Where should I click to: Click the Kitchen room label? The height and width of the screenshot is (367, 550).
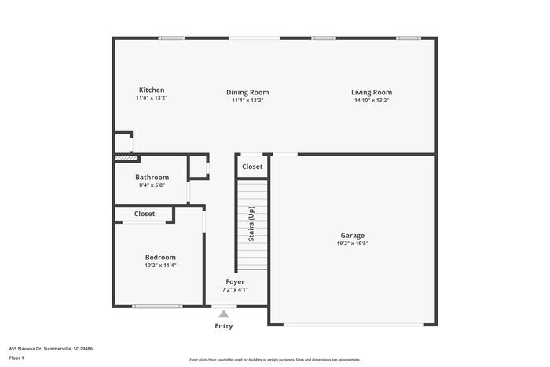(152, 90)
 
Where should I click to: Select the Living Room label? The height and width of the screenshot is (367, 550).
(371, 93)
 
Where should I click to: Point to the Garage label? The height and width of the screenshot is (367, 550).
(352, 236)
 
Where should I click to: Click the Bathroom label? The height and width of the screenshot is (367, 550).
(152, 178)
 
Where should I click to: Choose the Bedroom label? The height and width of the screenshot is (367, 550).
(160, 258)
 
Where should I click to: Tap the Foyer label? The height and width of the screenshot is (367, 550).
(235, 281)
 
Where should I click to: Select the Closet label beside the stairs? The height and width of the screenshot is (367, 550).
(252, 167)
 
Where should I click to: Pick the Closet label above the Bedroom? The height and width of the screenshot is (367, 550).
(145, 214)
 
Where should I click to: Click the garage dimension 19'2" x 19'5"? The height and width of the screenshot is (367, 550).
(352, 244)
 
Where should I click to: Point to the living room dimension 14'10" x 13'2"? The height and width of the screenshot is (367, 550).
(371, 100)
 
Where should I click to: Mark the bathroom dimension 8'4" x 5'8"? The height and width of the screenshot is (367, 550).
(152, 185)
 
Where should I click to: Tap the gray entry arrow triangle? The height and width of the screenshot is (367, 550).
(224, 314)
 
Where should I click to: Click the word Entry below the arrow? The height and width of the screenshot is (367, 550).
(224, 326)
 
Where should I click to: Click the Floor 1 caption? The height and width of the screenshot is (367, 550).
(16, 358)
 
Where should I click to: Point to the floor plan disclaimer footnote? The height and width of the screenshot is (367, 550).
(274, 359)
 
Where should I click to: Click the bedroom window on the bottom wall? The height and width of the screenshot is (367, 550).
(157, 306)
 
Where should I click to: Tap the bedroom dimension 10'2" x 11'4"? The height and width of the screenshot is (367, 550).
(160, 266)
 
